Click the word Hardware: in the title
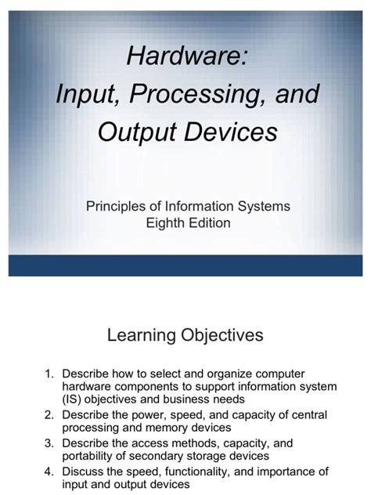tap(185, 56)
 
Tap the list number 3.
tap(45, 443)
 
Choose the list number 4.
tap(45, 472)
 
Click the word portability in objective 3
tap(91, 456)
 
